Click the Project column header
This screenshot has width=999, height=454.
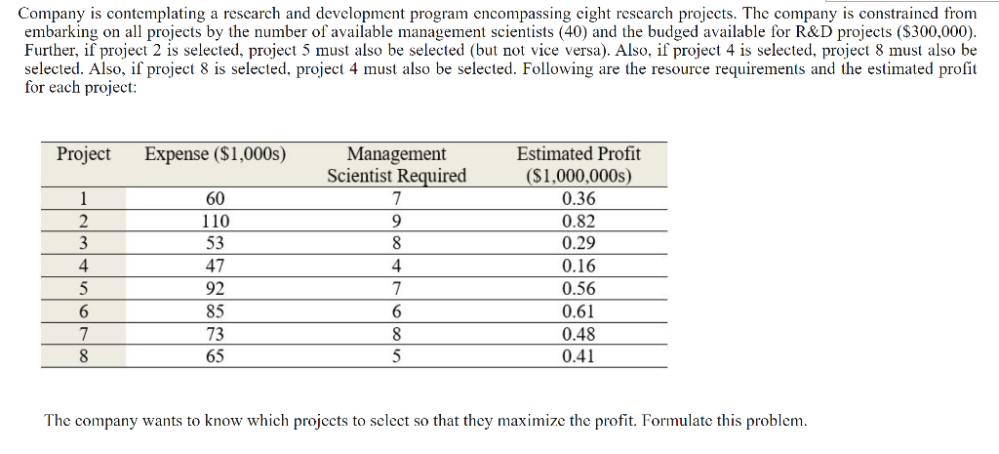84,154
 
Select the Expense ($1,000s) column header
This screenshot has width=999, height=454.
215,154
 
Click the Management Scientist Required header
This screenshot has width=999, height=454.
396,165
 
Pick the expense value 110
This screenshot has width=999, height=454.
216,222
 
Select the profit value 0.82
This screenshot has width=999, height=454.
579,222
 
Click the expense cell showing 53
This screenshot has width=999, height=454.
216,244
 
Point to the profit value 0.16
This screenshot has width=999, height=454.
579,267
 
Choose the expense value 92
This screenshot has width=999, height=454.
216,289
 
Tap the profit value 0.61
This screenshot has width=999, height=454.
579,311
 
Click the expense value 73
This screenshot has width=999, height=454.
216,334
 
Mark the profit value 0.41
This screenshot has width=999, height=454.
579,356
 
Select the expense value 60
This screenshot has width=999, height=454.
216,199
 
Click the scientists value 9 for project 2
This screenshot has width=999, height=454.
396,222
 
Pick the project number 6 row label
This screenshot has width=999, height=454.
84,311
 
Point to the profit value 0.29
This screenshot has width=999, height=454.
579,244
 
